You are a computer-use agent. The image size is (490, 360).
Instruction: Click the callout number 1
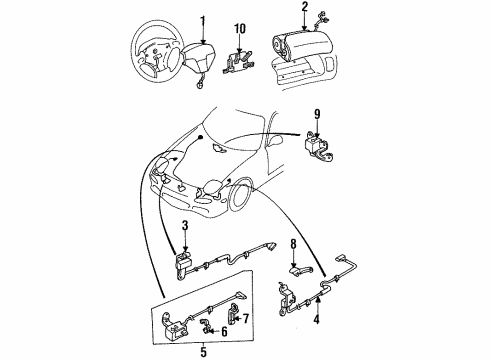(203, 23)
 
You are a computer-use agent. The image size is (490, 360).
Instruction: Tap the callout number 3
(185, 226)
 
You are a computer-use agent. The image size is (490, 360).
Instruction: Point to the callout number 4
(316, 319)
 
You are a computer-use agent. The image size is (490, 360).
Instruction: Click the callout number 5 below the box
(203, 352)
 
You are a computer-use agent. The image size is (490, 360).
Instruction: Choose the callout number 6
(224, 331)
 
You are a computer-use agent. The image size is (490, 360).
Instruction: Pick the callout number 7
(246, 319)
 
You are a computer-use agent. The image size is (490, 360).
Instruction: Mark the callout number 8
(293, 244)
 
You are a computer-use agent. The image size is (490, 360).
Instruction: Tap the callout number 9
(317, 114)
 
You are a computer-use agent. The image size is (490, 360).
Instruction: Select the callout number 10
(240, 29)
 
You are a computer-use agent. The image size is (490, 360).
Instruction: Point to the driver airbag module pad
(199, 57)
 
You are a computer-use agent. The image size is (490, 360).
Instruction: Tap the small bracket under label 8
(300, 269)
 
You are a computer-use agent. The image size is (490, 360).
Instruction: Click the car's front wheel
(241, 195)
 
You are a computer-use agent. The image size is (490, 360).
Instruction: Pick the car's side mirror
(276, 140)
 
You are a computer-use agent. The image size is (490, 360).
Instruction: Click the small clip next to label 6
(206, 326)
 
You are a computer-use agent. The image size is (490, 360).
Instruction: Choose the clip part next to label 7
(233, 313)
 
